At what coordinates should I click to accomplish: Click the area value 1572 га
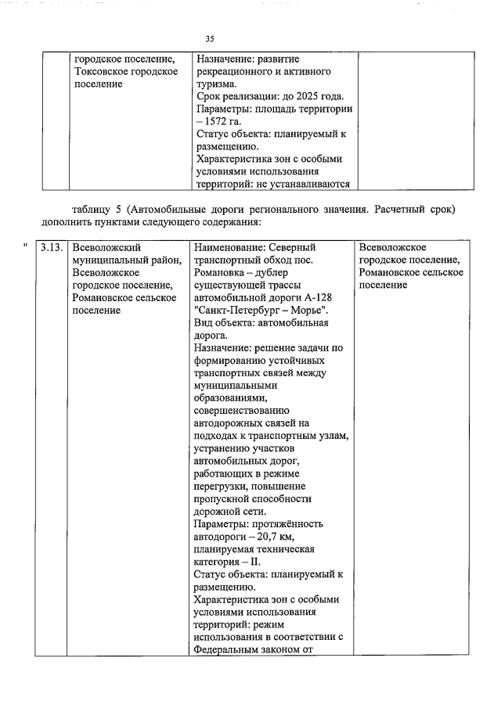[224, 121]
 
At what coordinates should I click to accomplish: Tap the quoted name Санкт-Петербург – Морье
[266, 310]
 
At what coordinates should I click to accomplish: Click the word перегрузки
[222, 486]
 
